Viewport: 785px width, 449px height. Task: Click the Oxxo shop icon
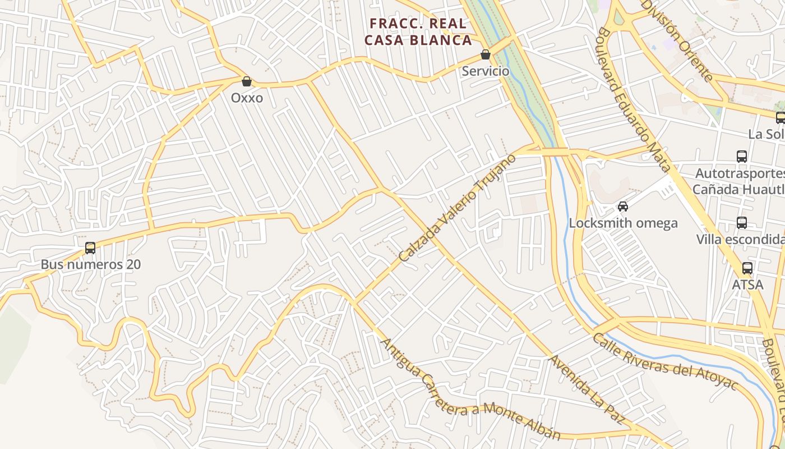coord(247,82)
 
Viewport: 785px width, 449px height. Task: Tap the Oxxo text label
coord(247,98)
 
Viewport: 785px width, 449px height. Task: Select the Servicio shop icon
coord(486,55)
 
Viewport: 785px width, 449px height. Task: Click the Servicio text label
coord(486,71)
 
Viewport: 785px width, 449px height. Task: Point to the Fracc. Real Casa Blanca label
coord(418,32)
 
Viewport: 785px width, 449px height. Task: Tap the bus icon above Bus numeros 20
coord(90,248)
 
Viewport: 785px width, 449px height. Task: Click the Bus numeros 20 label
coord(91,264)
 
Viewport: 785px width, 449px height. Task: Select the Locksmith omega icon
coord(623,207)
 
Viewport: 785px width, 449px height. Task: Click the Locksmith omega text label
coord(623,223)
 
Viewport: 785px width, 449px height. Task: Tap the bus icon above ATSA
coord(747,268)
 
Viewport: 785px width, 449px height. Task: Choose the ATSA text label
coord(747,285)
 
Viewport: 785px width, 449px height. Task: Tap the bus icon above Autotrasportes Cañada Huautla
coord(742,157)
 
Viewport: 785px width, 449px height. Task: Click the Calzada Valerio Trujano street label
coord(457,208)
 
